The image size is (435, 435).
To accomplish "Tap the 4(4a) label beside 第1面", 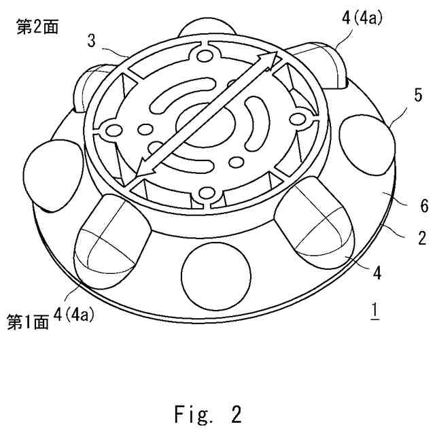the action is click(84, 315).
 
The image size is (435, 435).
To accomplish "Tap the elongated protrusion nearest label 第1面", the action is click(110, 237).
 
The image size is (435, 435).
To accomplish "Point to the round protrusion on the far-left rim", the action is click(50, 173).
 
